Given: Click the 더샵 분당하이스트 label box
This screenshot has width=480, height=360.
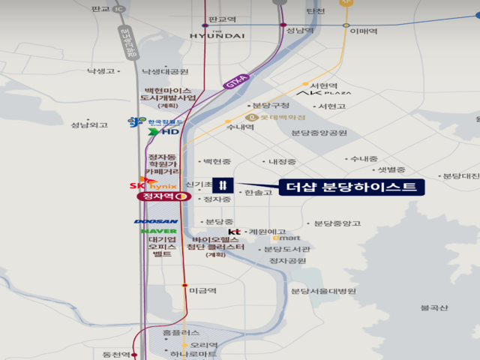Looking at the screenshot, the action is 347,187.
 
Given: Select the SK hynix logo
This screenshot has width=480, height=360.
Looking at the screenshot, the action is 153,184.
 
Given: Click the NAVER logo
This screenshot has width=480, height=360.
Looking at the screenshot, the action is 158,231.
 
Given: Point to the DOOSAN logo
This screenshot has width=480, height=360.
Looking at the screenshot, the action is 156,221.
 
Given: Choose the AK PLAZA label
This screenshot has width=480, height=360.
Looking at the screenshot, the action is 324,94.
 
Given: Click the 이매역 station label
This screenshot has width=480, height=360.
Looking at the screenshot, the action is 362,31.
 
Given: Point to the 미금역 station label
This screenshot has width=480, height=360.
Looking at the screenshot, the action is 202,290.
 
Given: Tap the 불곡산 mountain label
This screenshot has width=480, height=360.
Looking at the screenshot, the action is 433,307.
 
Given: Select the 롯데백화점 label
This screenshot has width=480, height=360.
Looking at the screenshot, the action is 282,117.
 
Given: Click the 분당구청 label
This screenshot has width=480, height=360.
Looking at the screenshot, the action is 271,106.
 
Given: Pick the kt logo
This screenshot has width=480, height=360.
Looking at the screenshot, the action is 234,232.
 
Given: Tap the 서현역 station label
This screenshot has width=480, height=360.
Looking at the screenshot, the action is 324,85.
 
